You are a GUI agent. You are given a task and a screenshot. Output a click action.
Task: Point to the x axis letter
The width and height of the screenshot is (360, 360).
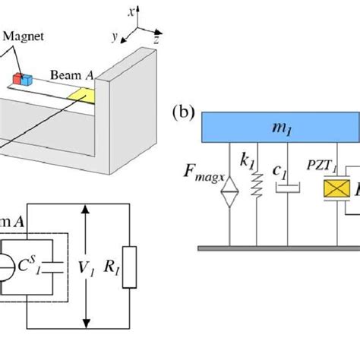pyautogui.click(x=132, y=11)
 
